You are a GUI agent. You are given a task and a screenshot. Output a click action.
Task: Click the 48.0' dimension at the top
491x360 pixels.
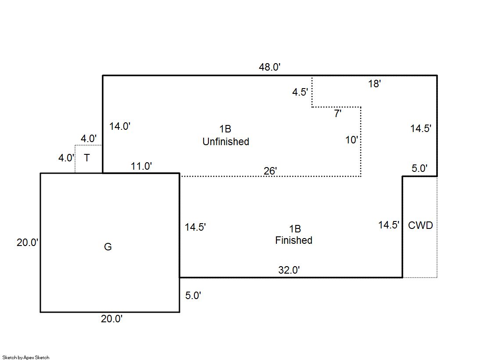(x=269, y=67)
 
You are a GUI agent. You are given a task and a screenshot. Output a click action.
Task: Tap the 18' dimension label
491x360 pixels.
(x=375, y=84)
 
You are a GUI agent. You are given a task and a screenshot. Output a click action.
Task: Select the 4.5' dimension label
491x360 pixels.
(x=300, y=92)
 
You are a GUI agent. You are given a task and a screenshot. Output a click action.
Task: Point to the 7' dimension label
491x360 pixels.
(x=337, y=113)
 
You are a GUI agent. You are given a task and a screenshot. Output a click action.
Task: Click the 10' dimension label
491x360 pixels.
(x=351, y=140)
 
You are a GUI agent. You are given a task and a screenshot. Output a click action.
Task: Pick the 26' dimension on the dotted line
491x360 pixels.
(x=270, y=171)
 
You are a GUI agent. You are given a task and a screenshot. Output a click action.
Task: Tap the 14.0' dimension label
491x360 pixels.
(x=120, y=126)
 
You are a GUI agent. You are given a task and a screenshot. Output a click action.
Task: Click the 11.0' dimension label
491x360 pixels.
(x=141, y=166)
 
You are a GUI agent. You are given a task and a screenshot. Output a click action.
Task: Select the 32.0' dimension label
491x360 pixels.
(x=289, y=270)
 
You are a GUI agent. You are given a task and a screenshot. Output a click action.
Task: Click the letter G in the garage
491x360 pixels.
(x=108, y=247)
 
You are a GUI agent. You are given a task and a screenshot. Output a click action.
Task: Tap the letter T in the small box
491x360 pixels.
(x=87, y=158)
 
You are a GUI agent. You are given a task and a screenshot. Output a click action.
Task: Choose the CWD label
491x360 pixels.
(x=420, y=225)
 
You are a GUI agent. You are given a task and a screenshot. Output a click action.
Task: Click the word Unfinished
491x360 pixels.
(x=226, y=142)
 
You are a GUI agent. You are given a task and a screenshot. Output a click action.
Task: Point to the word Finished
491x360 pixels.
(x=294, y=240)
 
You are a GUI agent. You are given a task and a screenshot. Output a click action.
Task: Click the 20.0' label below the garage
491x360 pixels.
(x=111, y=319)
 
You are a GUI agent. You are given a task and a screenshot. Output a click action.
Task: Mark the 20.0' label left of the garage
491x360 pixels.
(x=28, y=242)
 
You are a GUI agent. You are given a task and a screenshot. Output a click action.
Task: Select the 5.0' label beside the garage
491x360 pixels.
(x=193, y=296)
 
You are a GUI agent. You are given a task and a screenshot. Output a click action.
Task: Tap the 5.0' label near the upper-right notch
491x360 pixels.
(x=419, y=168)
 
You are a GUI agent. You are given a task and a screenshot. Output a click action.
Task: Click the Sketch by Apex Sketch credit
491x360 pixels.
(x=26, y=357)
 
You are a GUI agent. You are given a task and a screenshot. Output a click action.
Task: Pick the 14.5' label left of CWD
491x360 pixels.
(x=389, y=225)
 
